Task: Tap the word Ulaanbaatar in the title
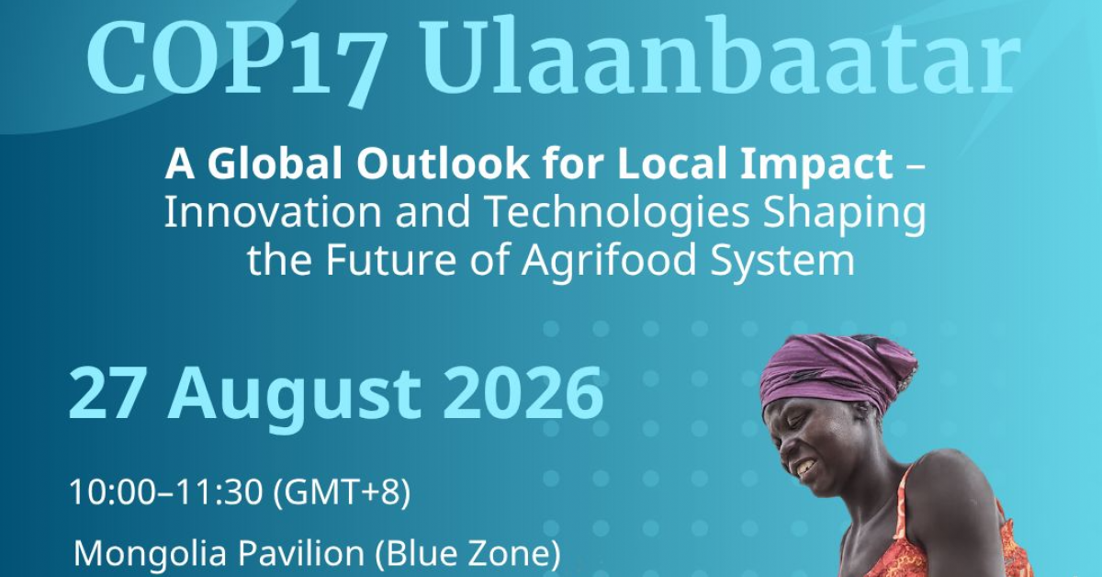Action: tap(720, 55)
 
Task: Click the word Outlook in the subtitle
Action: tap(444, 164)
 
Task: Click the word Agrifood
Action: tap(609, 262)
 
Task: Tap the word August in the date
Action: tap(294, 399)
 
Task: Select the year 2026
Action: tap(523, 394)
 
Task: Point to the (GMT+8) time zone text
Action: tap(341, 492)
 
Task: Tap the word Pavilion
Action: tap(301, 553)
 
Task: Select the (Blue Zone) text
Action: tap(467, 554)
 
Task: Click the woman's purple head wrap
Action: tap(838, 369)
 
